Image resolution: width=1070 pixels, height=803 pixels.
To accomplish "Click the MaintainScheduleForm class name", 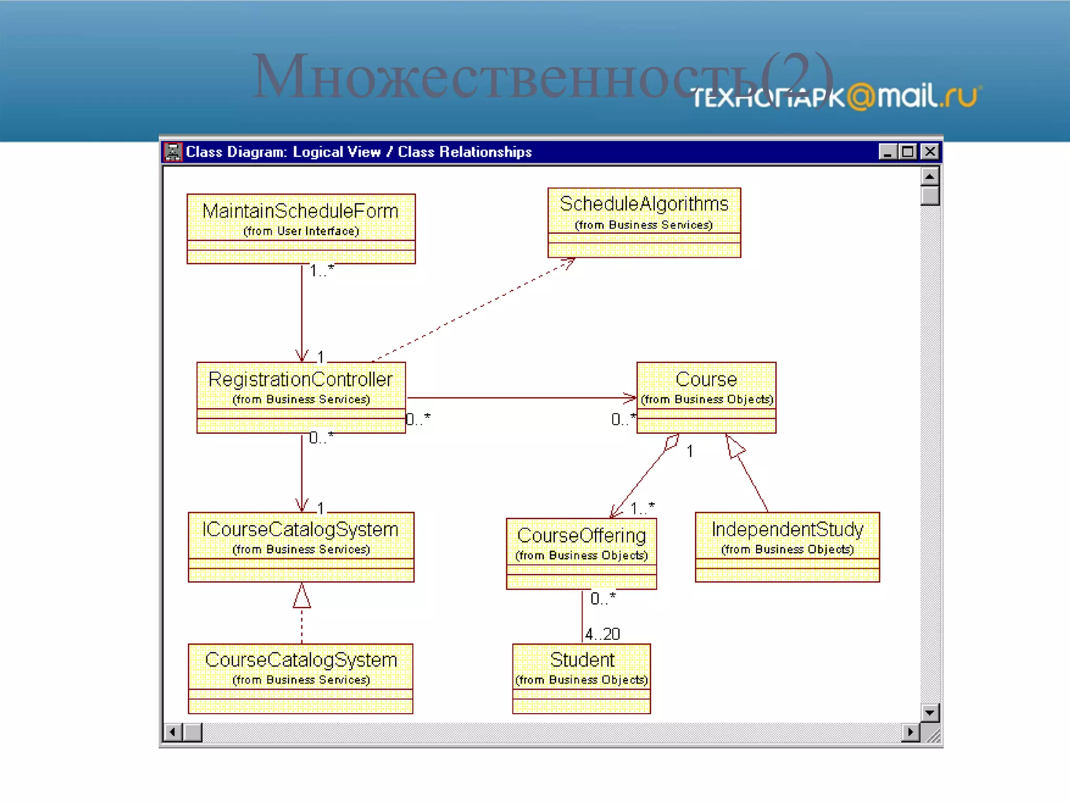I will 300,211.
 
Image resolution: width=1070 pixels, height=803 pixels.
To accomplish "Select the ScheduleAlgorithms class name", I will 644,204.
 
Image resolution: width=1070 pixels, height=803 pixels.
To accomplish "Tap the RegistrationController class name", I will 300,379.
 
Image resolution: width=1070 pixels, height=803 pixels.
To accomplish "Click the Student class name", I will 582,660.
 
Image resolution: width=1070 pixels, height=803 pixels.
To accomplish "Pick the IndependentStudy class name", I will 787,529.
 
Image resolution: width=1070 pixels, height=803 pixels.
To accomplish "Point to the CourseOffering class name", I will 581,535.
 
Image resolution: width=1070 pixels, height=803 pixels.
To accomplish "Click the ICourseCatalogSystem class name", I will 300,529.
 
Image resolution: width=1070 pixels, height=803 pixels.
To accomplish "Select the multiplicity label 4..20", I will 602,634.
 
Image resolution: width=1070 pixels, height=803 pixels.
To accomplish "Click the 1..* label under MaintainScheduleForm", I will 321,270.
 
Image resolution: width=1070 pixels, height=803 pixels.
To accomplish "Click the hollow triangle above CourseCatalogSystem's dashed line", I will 301,596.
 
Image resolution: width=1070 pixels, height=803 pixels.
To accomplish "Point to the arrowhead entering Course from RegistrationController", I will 630,398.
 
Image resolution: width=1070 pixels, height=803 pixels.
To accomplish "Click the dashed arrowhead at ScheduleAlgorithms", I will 569,263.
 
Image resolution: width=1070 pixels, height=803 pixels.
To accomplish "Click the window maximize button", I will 908,152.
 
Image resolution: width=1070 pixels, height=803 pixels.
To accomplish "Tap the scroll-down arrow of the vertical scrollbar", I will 929,713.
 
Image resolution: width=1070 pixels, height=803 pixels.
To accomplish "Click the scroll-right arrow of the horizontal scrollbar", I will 911,732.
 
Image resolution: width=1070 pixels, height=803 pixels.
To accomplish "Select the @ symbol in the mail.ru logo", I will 860,97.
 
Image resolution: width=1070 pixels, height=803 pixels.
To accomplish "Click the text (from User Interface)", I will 301,231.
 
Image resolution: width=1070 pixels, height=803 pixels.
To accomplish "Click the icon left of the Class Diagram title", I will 173,152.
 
